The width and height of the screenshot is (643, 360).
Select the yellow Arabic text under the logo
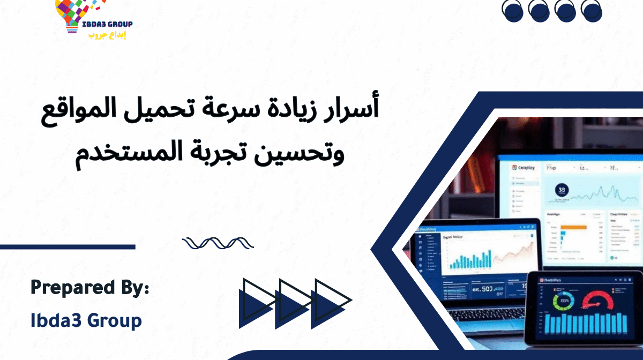point(107,35)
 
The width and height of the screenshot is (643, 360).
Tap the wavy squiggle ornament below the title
point(217,244)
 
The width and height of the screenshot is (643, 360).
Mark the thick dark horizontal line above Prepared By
point(67,247)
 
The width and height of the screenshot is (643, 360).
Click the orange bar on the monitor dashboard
point(573,227)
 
